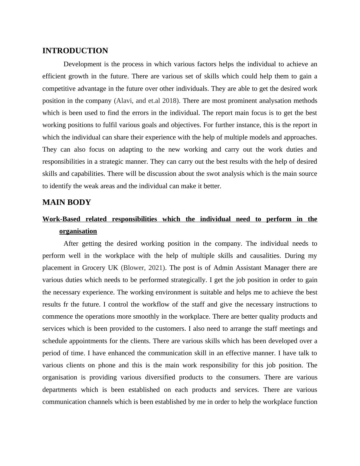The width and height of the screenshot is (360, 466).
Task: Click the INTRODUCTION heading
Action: click(75, 51)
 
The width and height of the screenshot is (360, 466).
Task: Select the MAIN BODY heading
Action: click(67, 202)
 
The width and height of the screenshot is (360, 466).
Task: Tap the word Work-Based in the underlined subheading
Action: click(61, 219)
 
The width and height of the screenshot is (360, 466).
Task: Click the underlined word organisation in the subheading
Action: click(78, 231)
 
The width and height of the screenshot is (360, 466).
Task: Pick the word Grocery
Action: click(93, 268)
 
